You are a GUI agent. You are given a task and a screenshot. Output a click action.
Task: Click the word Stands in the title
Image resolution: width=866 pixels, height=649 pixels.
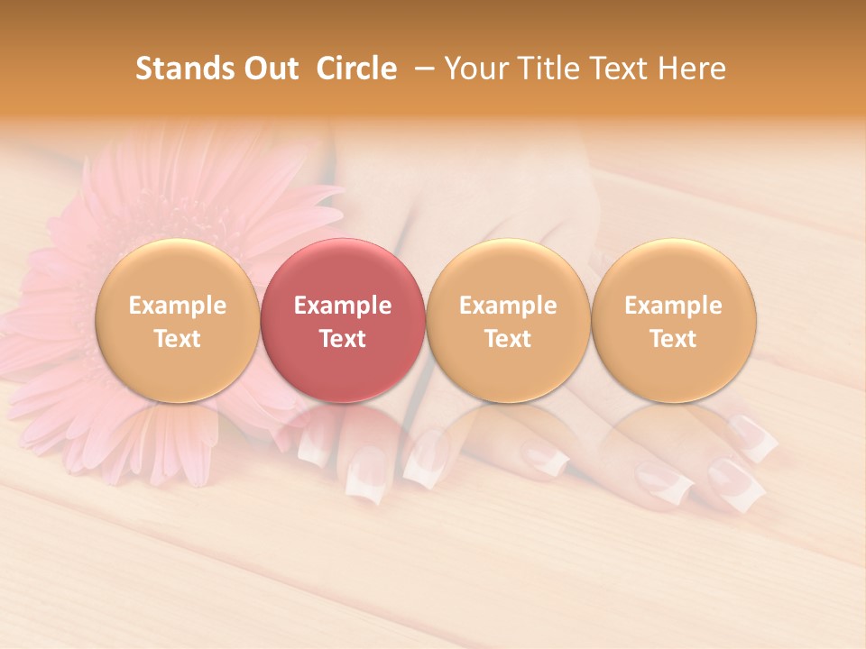tap(174, 69)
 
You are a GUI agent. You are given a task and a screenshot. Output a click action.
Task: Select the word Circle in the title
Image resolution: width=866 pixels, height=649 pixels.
tap(356, 69)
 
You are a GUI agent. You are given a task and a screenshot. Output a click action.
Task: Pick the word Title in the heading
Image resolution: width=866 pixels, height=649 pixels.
tap(543, 69)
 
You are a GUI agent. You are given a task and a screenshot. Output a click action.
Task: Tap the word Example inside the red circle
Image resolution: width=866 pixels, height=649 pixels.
tap(342, 306)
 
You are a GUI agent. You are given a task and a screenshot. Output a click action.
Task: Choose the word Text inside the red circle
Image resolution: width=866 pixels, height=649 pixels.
tap(342, 339)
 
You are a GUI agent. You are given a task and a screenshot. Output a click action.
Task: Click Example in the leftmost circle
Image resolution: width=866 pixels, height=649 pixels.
tap(177, 306)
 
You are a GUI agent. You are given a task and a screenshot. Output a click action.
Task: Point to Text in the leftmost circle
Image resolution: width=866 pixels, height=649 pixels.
tap(177, 339)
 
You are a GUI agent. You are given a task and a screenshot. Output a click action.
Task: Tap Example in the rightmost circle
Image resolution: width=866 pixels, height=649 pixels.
tap(673, 306)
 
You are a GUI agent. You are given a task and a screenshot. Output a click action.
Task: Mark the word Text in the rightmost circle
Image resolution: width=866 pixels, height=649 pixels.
tap(673, 339)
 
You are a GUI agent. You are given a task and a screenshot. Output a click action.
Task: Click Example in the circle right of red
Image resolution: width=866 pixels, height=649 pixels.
tap(508, 306)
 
